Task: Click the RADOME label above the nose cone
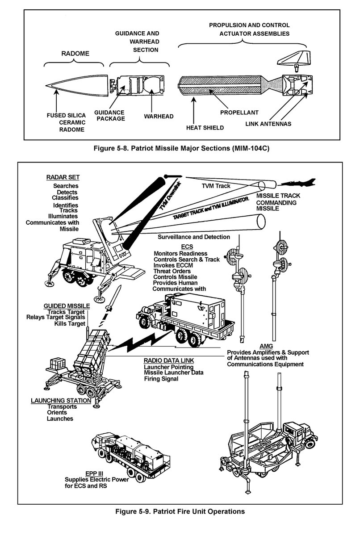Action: [x=75, y=53]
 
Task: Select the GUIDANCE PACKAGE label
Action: [x=110, y=115]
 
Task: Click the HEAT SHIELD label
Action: [x=205, y=127]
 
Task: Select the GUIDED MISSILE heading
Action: [x=67, y=306]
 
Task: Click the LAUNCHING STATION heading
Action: [x=61, y=401]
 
